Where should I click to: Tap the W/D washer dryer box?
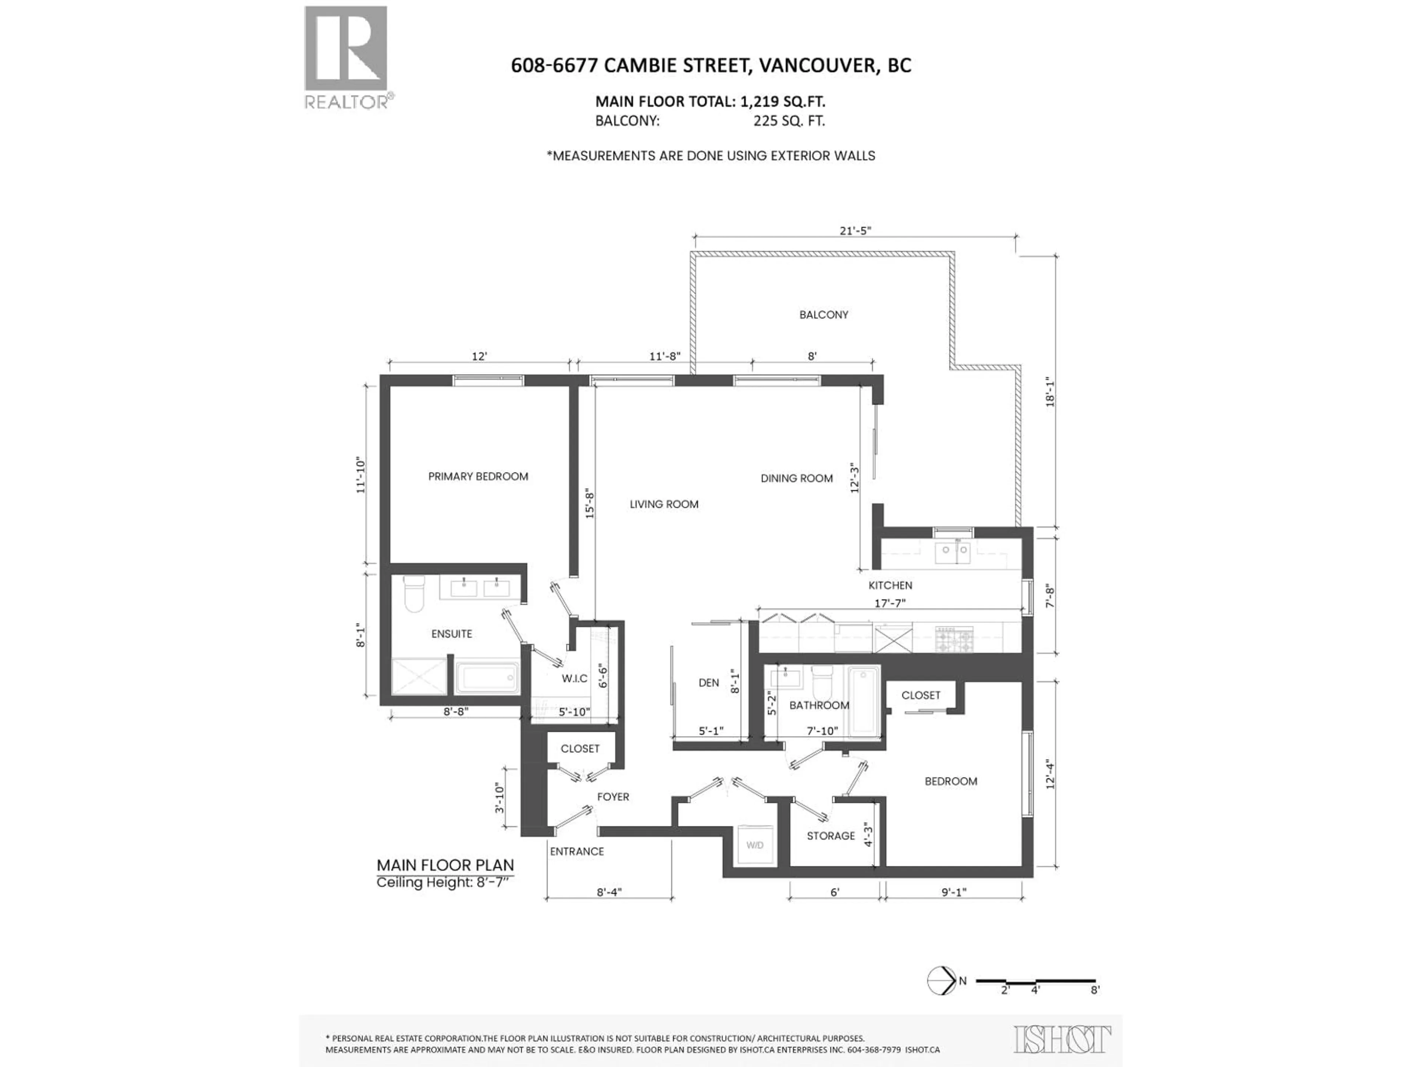pos(755,844)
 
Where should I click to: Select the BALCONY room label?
pos(824,315)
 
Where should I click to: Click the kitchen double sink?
pos(952,551)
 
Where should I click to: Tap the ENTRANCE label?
pos(577,851)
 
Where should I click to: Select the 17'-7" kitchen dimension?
pos(890,603)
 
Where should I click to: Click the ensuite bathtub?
pos(487,678)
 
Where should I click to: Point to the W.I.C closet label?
pos(574,678)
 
